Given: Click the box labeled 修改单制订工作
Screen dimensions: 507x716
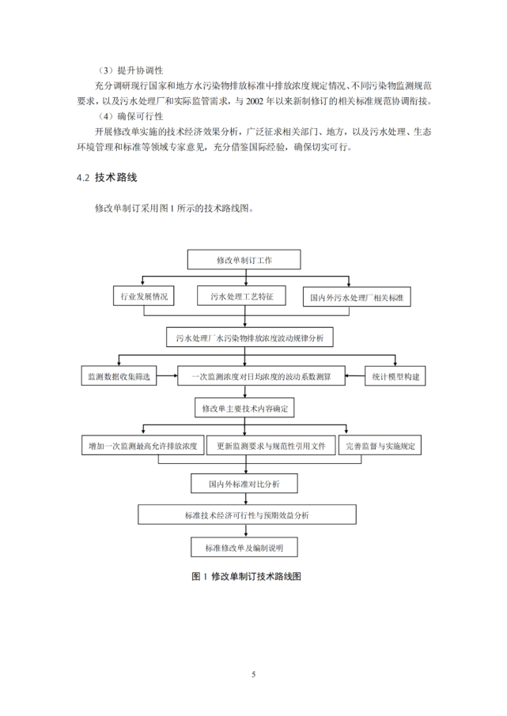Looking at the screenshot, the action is click(244, 259).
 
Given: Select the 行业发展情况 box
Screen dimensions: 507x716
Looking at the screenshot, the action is click(143, 296).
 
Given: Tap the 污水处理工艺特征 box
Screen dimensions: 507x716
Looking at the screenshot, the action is click(242, 296).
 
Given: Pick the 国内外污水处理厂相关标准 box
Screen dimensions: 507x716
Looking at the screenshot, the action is click(357, 297).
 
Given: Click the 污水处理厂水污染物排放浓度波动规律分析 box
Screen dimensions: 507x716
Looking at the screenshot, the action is click(250, 337).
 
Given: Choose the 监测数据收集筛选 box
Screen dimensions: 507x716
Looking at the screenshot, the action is click(119, 376).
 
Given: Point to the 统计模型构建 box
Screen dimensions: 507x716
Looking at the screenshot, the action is click(395, 376).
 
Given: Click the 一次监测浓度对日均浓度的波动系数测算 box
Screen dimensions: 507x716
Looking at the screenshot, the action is click(261, 376).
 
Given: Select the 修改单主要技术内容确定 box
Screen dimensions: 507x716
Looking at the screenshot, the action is click(244, 408).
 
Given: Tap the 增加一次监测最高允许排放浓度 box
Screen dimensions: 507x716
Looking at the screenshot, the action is click(142, 445).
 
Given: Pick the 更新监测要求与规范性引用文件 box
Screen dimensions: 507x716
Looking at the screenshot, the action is click(271, 445).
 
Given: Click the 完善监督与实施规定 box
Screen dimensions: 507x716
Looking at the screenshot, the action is click(380, 445).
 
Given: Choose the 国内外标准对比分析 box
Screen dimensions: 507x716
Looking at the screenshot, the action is click(244, 483).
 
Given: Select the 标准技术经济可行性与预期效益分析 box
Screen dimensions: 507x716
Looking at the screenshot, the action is click(247, 514).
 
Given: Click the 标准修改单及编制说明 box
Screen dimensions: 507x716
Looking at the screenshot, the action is click(244, 547).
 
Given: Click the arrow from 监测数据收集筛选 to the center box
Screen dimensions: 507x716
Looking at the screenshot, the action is click(167, 376).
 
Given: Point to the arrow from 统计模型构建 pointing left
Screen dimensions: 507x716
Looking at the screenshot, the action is click(355, 376).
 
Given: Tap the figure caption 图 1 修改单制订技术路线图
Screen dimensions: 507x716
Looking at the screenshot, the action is click(246, 576).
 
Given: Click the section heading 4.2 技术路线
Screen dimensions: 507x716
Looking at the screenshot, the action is click(107, 178).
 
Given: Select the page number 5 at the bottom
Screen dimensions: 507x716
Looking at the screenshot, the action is click(253, 674).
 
